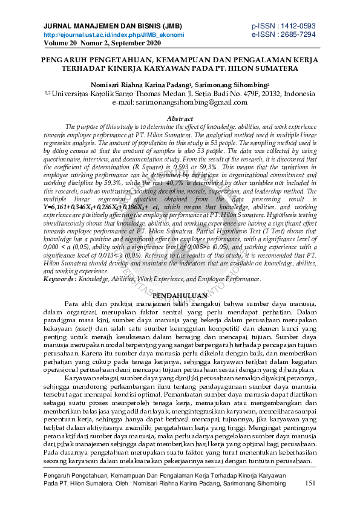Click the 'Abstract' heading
pos(179,118)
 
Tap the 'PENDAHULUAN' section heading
pos(180,294)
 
